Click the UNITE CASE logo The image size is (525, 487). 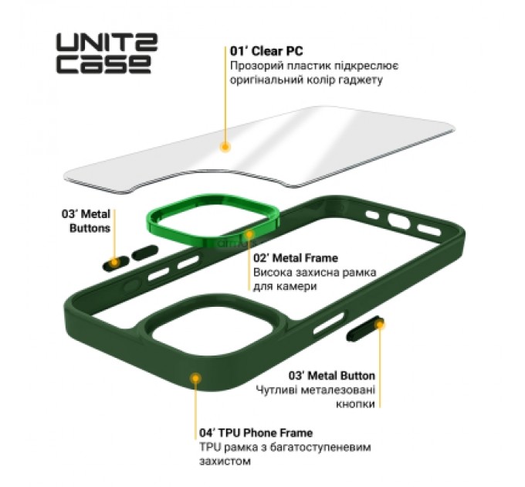(106, 53)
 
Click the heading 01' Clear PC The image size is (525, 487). (263, 52)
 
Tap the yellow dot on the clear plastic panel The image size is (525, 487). (225, 145)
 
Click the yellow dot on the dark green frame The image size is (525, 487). (195, 378)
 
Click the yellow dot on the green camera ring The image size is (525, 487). (249, 233)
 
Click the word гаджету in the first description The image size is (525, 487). (363, 80)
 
